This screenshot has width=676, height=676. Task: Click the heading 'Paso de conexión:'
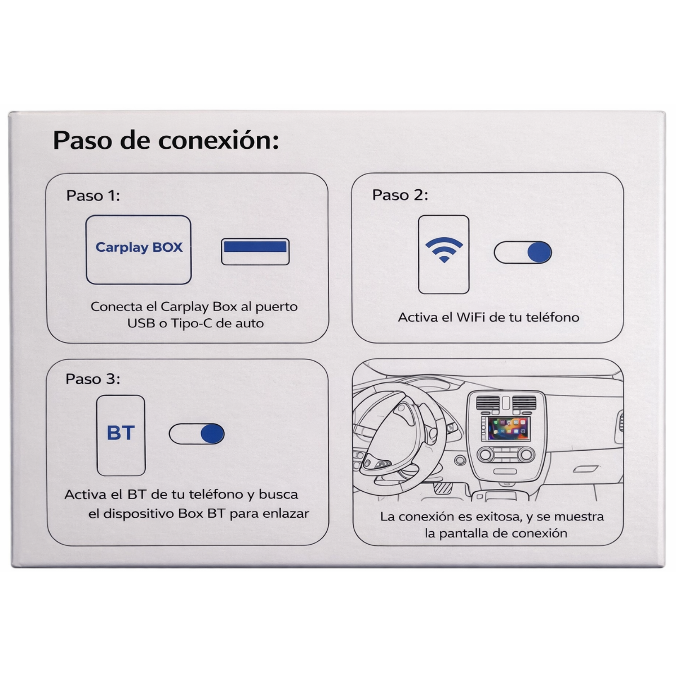coord(166,140)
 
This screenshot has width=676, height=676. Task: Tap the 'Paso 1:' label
coord(93,195)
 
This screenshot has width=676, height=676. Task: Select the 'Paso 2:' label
coord(400,195)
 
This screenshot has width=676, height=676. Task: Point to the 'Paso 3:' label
coord(93,379)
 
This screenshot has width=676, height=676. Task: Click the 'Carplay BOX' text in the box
coord(139,247)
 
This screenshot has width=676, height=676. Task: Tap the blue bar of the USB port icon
coord(255,247)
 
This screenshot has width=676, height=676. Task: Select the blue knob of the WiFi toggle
coord(539,253)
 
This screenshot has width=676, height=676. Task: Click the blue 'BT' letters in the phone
coord(121,433)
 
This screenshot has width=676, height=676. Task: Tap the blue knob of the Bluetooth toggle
coord(212,434)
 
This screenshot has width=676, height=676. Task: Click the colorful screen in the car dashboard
coord(509,429)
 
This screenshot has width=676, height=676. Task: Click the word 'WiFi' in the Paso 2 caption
coord(471,317)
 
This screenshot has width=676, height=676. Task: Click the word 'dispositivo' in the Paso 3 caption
coord(140,514)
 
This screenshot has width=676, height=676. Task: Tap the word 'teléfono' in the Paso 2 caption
coord(552,317)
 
